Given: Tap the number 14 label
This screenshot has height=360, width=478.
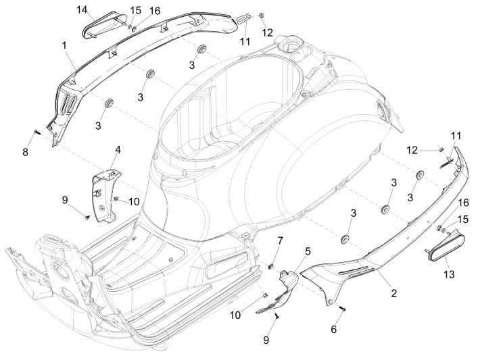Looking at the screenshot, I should click(82, 9).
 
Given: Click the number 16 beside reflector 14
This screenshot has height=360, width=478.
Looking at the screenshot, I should click(155, 11).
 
